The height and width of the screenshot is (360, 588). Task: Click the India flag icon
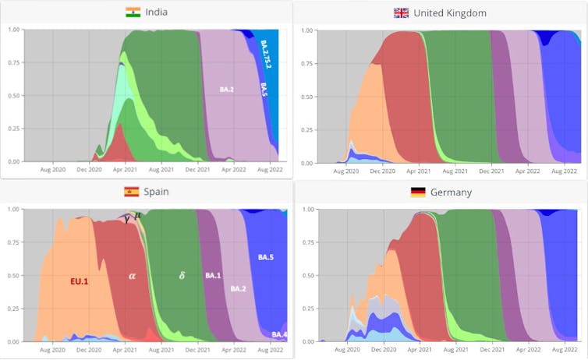[x=133, y=12]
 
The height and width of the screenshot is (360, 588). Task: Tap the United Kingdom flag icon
[x=402, y=12]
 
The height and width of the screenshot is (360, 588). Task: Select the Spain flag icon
[x=132, y=192]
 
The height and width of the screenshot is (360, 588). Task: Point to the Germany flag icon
[x=419, y=192]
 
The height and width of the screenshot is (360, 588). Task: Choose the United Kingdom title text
[x=451, y=12]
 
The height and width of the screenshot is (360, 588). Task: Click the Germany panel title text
[x=454, y=192]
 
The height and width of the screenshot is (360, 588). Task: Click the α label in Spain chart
[x=132, y=275]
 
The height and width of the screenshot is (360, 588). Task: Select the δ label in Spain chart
[x=182, y=275]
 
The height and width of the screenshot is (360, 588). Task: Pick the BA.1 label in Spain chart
[x=213, y=276]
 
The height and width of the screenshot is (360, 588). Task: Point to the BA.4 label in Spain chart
[x=279, y=334]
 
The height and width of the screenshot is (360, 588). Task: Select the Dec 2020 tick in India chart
[x=89, y=168]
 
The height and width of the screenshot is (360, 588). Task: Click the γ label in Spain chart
[x=127, y=219]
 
